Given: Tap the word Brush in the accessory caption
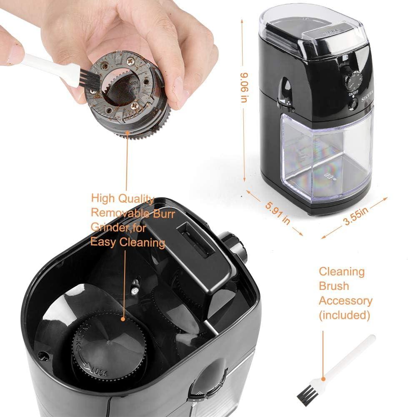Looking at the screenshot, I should pyautogui.click(x=334, y=286).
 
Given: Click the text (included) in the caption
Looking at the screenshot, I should pyautogui.click(x=344, y=315).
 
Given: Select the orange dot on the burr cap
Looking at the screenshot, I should pyautogui.click(x=123, y=319).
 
